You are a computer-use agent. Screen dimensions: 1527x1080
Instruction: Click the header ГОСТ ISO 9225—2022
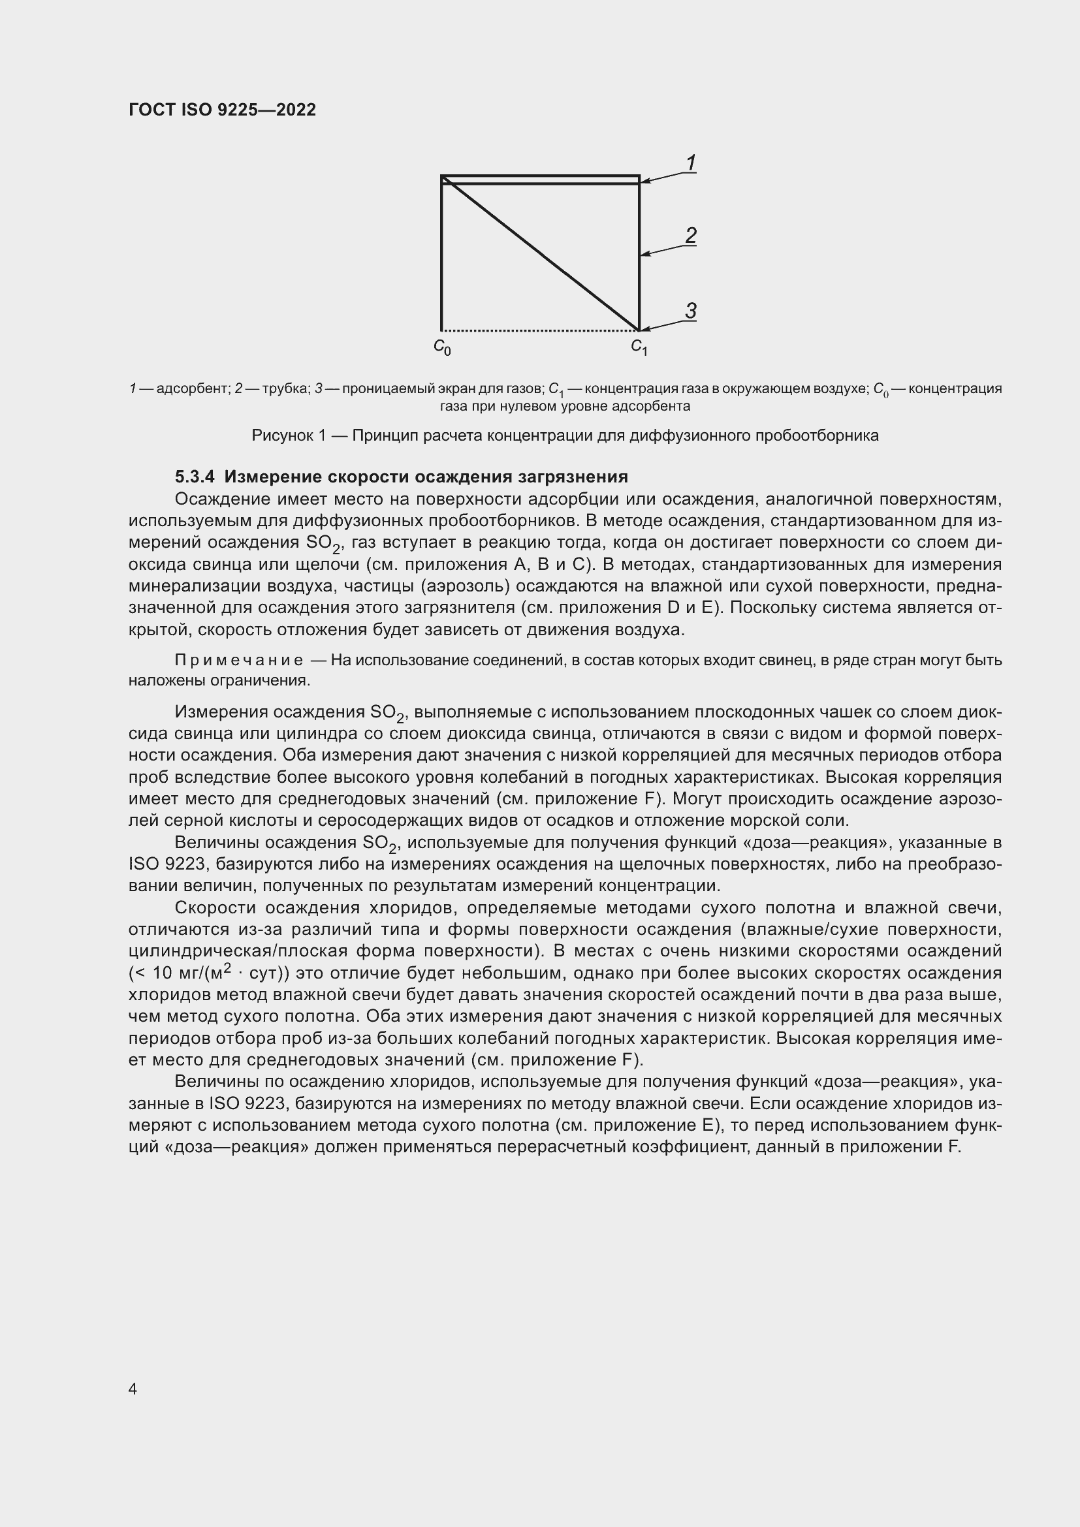click(x=222, y=110)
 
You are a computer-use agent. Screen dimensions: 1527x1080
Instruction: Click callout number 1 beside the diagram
click(x=691, y=163)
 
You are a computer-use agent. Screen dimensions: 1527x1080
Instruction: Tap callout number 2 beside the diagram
click(x=691, y=235)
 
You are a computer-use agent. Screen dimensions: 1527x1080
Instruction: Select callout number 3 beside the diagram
click(x=691, y=311)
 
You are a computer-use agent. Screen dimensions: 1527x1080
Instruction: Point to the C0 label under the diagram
click(x=442, y=347)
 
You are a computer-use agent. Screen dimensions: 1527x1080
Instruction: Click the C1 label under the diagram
click(x=639, y=347)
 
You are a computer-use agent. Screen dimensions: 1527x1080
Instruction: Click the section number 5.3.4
click(x=195, y=476)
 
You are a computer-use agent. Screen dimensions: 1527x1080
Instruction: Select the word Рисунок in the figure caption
click(x=282, y=435)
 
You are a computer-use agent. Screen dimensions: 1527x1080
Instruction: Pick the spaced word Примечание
click(x=239, y=660)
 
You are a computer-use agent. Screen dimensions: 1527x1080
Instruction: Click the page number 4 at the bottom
click(x=133, y=1389)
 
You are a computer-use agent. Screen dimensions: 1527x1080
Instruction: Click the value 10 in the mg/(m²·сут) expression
click(x=163, y=973)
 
